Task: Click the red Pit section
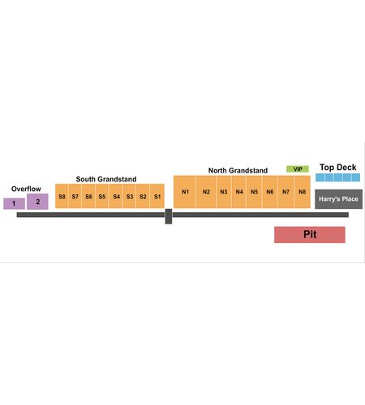(310, 235)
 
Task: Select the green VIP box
(298, 169)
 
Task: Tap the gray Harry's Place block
(338, 199)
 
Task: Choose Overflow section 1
(14, 203)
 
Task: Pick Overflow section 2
(37, 202)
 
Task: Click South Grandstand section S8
(62, 196)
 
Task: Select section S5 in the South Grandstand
(102, 196)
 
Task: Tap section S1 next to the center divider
(157, 196)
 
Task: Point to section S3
(130, 196)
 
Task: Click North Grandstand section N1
(185, 192)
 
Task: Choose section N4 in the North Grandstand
(239, 192)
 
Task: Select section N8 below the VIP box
(302, 192)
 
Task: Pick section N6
(269, 192)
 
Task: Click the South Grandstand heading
(106, 179)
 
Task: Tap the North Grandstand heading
(238, 170)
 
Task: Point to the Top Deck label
(338, 168)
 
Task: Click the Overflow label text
(26, 189)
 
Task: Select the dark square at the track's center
(169, 216)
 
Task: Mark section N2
(206, 192)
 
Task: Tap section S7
(75, 196)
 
